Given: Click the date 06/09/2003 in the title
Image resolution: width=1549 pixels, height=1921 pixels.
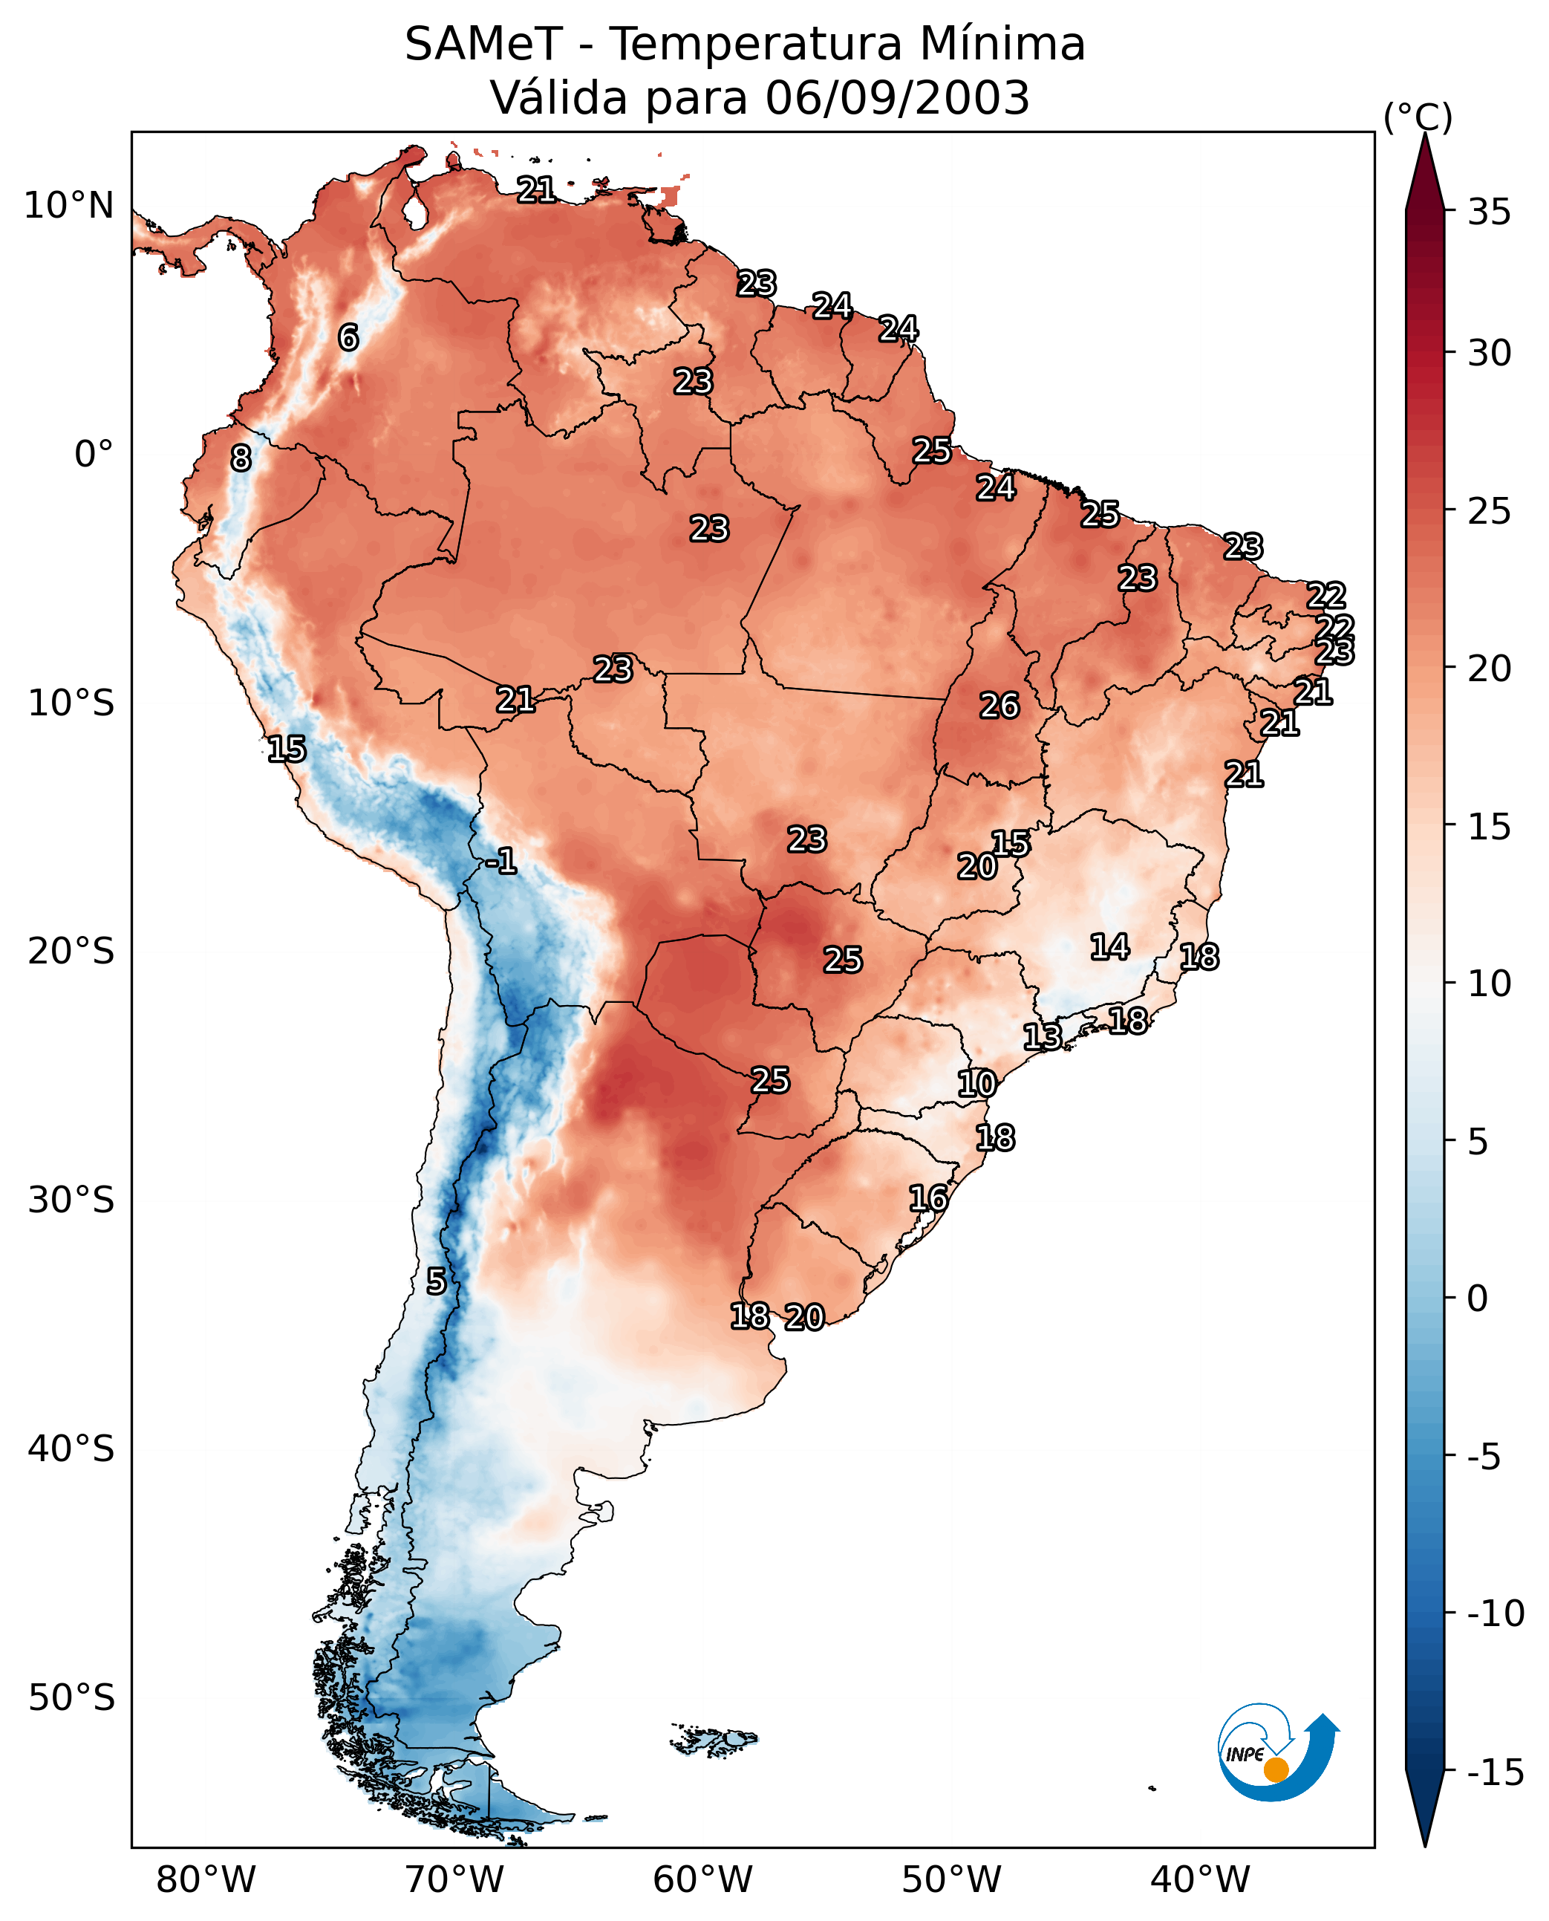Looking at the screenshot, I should pos(897,97).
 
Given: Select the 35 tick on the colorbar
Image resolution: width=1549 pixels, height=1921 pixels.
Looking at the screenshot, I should pos(1489,212).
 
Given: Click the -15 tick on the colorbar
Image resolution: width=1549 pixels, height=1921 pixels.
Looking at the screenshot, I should pos(1496,1772).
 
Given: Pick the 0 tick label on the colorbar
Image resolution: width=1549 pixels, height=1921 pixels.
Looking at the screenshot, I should pos(1478,1298).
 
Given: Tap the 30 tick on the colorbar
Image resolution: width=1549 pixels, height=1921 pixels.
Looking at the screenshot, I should pos(1489,354).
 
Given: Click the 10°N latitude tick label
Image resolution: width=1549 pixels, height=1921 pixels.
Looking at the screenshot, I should pos(69,207).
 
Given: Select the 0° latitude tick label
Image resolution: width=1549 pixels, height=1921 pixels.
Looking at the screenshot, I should pos(94,455).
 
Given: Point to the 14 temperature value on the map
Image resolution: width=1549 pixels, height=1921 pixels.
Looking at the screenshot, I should pos(1110,947).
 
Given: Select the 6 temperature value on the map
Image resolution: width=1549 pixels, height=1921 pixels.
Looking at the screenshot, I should pos(348,337).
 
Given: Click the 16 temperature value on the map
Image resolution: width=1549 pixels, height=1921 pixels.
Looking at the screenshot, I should pos(928,1198).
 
